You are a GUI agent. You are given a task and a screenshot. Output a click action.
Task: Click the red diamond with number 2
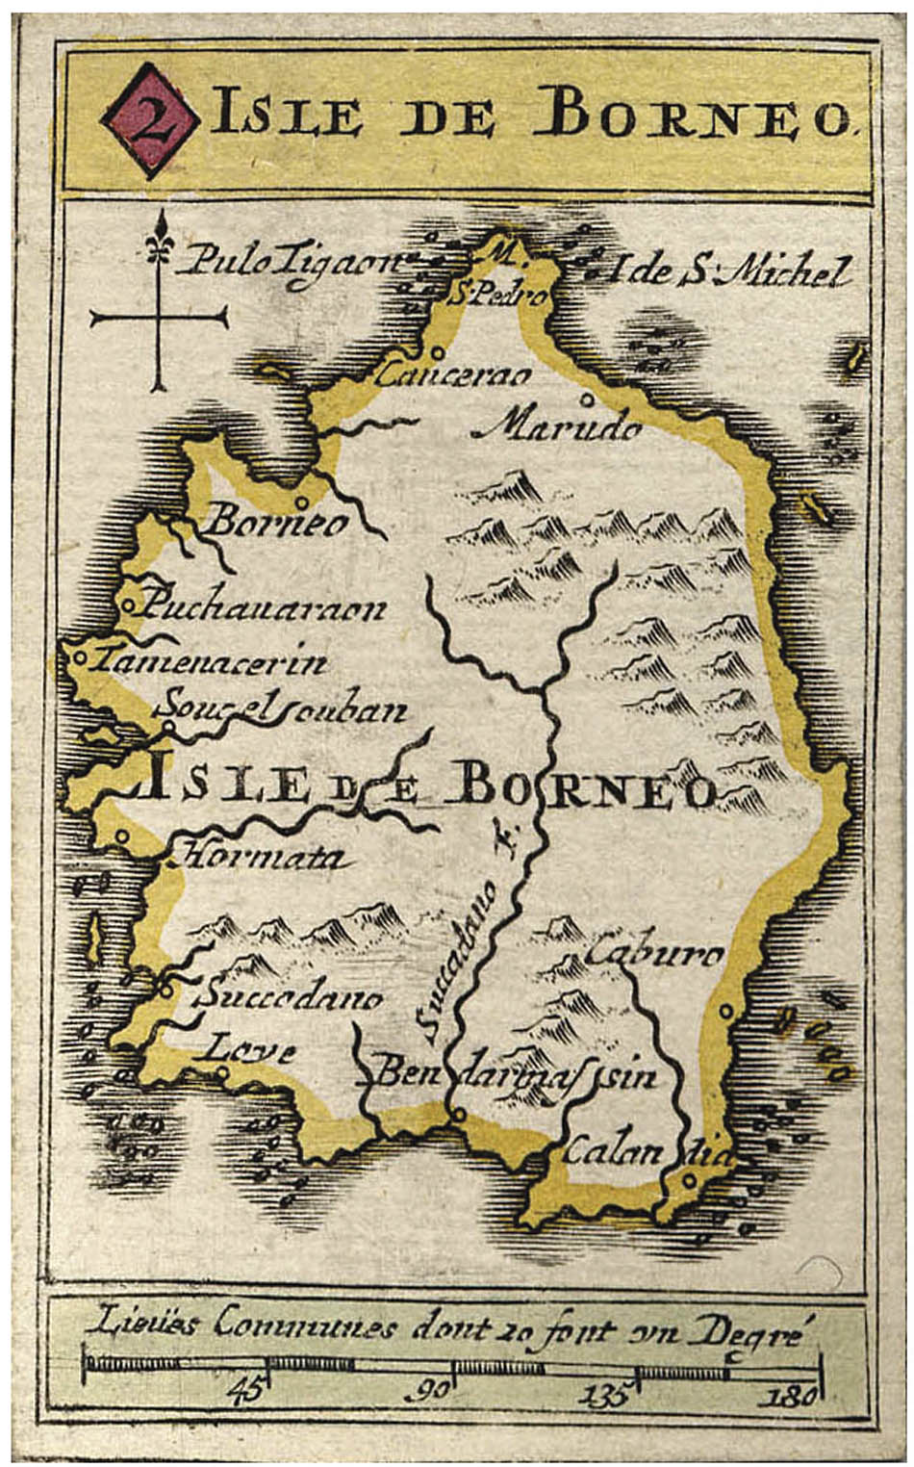pyautogui.click(x=150, y=121)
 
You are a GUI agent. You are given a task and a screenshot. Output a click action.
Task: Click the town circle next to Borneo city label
pyautogui.click(x=301, y=501)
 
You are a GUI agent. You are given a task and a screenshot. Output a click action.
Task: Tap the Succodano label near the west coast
pyautogui.click(x=289, y=996)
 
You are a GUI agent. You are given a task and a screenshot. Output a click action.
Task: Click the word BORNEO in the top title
pyautogui.click(x=705, y=116)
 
